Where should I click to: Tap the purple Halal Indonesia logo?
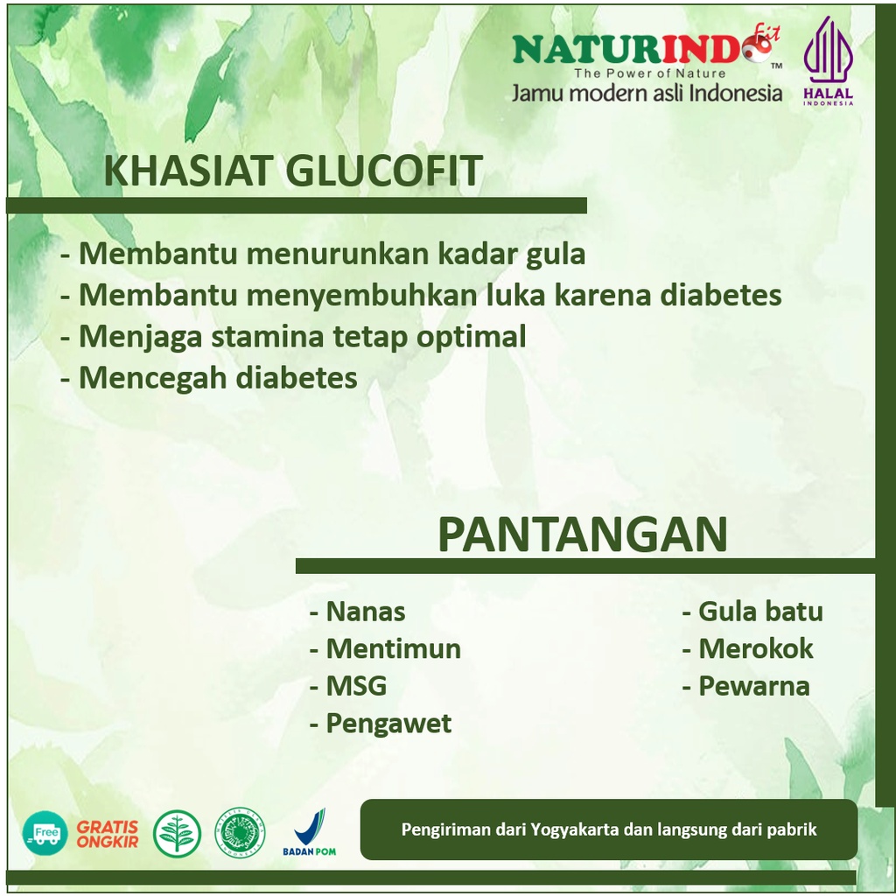[828, 61]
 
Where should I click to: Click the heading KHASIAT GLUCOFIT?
[293, 171]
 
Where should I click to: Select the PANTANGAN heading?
[582, 535]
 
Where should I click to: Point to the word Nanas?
[366, 612]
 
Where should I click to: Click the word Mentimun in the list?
[393, 648]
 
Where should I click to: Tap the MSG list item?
[356, 686]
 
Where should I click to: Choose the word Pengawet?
[388, 724]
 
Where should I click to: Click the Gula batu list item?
[760, 612]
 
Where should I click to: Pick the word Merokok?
[755, 648]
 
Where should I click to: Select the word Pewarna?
[754, 686]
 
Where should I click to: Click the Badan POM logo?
[309, 832]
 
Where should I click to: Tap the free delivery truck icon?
[45, 833]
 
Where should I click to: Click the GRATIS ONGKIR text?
[108, 834]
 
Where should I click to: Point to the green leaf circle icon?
[177, 834]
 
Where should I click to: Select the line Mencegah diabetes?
[218, 378]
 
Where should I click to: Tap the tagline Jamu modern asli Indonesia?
[647, 93]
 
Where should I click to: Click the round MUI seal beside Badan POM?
[240, 833]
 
